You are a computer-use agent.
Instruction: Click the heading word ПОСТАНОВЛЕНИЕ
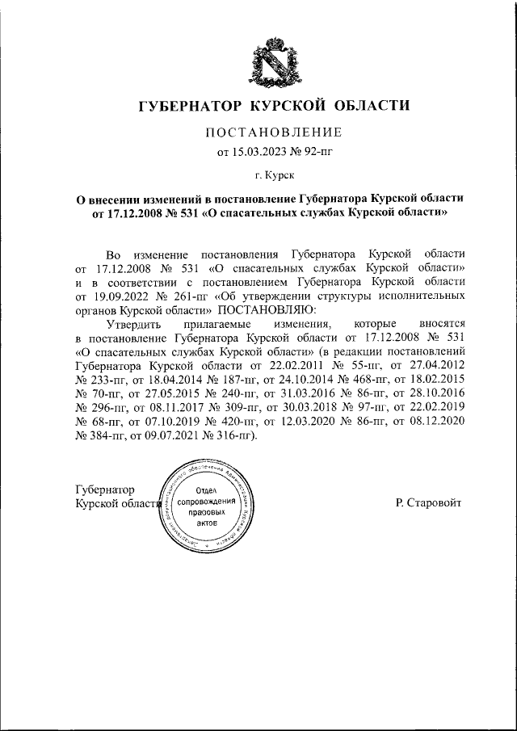coord(274,132)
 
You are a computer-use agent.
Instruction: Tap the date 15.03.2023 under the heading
coord(258,150)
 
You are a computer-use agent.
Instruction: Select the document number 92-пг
coord(311,150)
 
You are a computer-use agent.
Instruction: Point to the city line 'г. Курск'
coord(274,173)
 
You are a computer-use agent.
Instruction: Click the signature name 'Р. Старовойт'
coord(428,502)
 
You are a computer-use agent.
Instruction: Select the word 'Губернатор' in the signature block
coord(104,489)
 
